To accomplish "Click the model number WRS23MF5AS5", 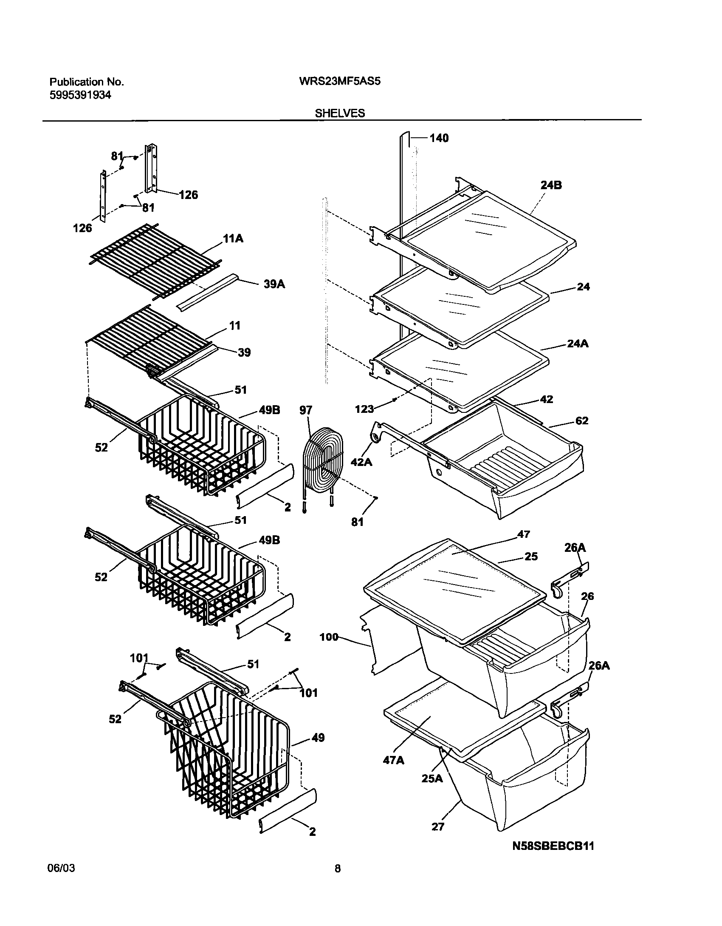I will tap(340, 81).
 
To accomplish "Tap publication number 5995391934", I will tap(80, 95).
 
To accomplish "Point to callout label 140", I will tap(439, 138).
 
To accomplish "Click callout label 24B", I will tap(551, 185).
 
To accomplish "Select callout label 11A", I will tap(233, 239).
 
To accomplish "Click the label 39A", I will tap(274, 284).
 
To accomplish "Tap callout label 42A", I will tap(361, 461).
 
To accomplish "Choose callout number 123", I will tap(364, 409).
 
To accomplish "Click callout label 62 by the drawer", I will tap(582, 420).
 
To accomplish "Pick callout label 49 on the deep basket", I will tap(318, 737).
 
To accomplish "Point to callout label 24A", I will tap(578, 343).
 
